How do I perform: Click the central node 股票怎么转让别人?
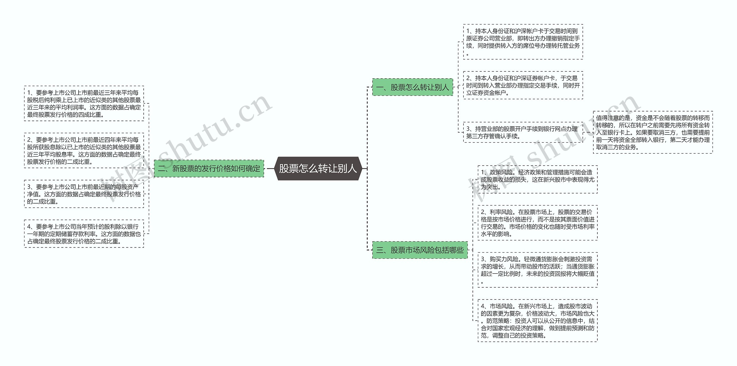coord(318,168)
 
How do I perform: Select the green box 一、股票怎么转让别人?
coord(412,87)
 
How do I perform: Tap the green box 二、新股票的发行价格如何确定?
coord(209,168)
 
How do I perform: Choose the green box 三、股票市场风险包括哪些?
coord(420,250)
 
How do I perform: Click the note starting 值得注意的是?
coord(653,132)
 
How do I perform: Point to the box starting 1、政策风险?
coord(537,179)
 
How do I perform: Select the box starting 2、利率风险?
coord(537,223)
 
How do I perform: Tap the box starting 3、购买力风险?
coord(537,270)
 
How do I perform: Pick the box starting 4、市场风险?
coord(537,321)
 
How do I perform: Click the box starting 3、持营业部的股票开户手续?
coord(523,132)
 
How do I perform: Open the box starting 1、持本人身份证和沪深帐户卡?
coord(523,42)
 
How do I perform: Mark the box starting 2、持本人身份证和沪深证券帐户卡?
coord(523,85)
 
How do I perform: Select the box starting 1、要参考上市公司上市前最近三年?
coord(84,103)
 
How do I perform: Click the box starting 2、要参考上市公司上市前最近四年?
coord(84,151)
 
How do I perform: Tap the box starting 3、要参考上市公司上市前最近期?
coord(84,194)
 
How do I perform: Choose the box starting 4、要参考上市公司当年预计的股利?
coord(84,234)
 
